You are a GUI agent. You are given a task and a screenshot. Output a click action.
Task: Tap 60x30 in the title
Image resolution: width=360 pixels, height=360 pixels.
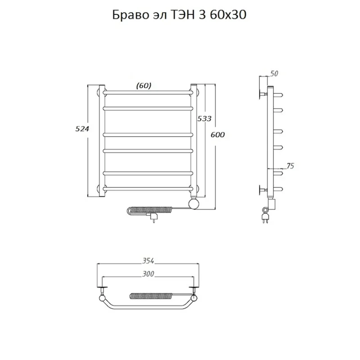point(228,15)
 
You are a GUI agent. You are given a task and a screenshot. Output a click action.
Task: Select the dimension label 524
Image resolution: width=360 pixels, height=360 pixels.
point(82,129)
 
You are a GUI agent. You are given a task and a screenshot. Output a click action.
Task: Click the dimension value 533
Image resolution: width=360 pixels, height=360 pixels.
point(204,119)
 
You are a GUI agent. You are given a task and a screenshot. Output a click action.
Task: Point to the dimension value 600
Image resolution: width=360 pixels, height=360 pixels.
point(218,135)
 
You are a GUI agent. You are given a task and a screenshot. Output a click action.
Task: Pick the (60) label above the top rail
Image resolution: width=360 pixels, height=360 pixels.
point(144,86)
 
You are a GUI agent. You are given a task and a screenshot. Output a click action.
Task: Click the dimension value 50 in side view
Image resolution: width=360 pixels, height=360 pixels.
point(274,74)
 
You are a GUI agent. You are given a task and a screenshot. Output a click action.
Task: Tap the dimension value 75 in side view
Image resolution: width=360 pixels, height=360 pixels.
point(290,166)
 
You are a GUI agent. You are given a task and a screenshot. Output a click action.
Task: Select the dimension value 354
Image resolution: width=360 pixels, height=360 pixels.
point(148,261)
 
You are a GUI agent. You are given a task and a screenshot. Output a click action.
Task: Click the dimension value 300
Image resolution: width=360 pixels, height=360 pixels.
point(148,274)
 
